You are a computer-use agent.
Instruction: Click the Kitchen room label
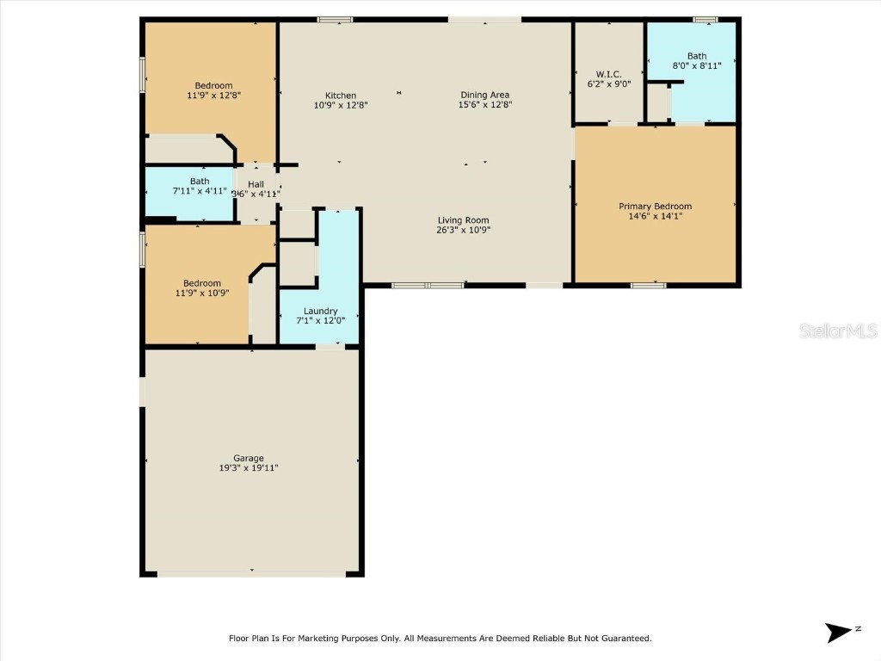click(x=340, y=96)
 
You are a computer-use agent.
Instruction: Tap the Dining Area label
click(x=485, y=96)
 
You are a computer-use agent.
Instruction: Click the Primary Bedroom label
click(x=655, y=207)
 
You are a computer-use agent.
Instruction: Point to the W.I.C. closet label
click(x=608, y=75)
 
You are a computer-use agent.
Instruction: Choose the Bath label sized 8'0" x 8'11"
click(x=696, y=57)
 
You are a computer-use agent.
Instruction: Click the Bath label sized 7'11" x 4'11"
click(x=200, y=182)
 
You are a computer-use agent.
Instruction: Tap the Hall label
click(x=256, y=184)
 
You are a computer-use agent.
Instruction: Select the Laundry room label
click(x=320, y=311)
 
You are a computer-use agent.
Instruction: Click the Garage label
click(x=249, y=458)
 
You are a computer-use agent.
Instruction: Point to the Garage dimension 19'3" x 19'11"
click(x=249, y=468)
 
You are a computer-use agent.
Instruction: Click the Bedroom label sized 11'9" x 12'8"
click(x=213, y=85)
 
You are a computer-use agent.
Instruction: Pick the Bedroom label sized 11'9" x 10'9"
click(x=201, y=283)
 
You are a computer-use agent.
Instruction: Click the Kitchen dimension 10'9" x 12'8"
click(x=340, y=106)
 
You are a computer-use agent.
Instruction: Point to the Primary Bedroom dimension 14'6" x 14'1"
click(x=655, y=217)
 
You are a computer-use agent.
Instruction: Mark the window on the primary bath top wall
click(x=705, y=19)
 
